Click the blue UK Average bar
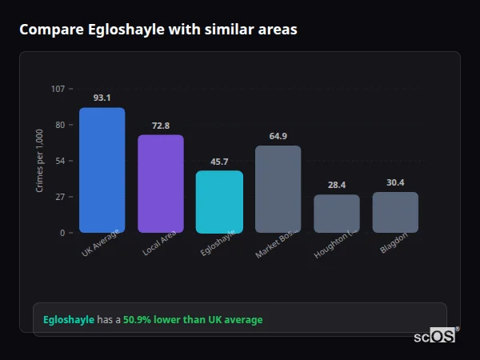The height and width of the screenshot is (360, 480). (102, 170)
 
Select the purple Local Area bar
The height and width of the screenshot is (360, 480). (161, 183)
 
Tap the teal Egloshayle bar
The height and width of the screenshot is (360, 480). (219, 202)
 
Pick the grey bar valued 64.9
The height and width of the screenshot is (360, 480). (278, 189)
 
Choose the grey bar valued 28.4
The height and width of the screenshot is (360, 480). (337, 214)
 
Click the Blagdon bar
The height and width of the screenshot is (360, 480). (395, 212)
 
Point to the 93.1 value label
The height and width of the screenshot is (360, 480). (102, 98)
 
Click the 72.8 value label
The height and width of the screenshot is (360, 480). (161, 126)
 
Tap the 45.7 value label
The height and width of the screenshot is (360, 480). (219, 162)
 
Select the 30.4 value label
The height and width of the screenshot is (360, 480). (395, 182)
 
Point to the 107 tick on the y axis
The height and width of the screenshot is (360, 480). (58, 88)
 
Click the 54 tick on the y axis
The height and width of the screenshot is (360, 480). (60, 161)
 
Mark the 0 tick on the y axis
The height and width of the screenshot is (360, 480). (62, 233)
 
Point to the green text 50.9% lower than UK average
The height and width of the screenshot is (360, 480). (193, 319)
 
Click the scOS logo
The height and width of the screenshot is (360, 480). (434, 336)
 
